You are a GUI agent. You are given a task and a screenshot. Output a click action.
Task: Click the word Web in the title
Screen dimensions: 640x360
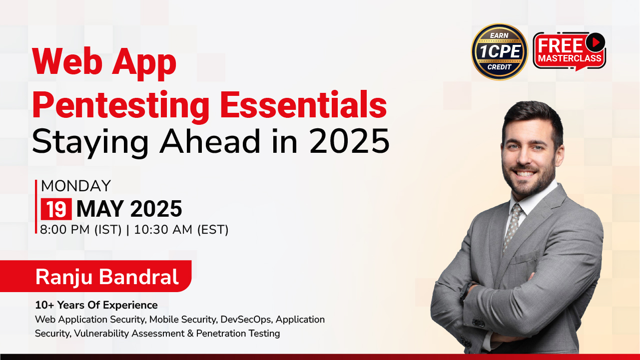tap(67, 62)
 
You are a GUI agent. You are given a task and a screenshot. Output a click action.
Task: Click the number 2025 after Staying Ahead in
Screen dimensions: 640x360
tap(349, 141)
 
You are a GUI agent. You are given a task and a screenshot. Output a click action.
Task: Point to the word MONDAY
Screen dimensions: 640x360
tap(76, 186)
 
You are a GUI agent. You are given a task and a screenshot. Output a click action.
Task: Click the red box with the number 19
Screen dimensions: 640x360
tap(56, 209)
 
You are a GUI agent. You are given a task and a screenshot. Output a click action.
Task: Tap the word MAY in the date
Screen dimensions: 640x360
tap(100, 209)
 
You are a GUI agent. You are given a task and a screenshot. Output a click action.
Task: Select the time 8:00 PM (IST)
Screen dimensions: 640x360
tap(81, 230)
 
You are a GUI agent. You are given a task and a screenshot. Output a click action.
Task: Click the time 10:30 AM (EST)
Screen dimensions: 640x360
tap(181, 230)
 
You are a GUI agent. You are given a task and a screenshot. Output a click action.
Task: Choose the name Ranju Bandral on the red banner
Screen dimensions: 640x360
tap(107, 277)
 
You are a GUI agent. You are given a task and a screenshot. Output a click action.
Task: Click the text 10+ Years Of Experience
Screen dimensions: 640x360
tap(96, 305)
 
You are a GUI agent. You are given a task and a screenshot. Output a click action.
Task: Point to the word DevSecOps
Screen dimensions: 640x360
tap(246, 320)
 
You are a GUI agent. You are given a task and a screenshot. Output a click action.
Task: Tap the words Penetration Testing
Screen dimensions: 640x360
tap(238, 334)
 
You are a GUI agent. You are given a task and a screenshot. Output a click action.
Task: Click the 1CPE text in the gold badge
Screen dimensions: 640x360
tap(500, 51)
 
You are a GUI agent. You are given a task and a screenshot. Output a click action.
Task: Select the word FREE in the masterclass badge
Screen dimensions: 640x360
tap(560, 45)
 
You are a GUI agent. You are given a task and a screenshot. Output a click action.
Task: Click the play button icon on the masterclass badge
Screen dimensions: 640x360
tap(595, 42)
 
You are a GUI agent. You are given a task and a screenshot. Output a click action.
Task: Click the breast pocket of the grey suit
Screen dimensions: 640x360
tap(525, 257)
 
